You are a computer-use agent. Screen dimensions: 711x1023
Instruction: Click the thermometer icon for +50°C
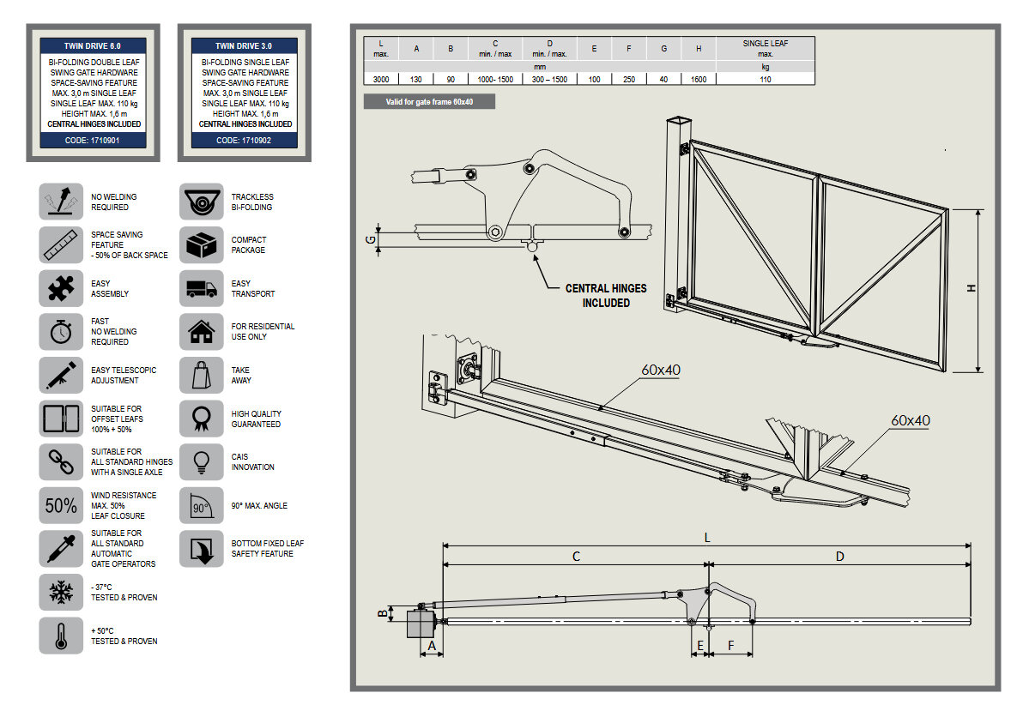(x=61, y=636)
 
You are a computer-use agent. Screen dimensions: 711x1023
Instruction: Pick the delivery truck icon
(x=201, y=289)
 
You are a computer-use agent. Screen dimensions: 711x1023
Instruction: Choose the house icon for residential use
(x=201, y=332)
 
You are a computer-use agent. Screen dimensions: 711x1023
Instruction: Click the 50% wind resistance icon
(x=61, y=506)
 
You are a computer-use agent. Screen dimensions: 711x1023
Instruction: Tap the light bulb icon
(x=201, y=462)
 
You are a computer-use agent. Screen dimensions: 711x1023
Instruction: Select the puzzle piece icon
(x=61, y=289)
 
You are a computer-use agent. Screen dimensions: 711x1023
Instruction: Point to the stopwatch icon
(x=61, y=332)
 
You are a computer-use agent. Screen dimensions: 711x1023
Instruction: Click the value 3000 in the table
(x=381, y=79)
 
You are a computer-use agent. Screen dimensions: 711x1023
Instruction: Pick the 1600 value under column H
(x=699, y=79)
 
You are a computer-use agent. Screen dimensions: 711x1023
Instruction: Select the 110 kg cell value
(x=765, y=79)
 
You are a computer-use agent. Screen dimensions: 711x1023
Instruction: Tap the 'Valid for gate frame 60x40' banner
(x=429, y=102)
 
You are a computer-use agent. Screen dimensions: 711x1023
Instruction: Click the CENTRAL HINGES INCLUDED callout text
(x=606, y=295)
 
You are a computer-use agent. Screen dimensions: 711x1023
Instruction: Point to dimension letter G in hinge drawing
(x=371, y=239)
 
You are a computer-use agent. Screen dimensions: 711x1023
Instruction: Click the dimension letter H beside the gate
(x=972, y=289)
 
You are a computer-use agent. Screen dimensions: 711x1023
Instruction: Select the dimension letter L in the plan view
(x=706, y=537)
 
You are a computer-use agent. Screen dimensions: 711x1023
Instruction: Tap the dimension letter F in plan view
(x=731, y=645)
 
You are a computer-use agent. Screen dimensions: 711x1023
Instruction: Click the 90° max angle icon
(x=201, y=506)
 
